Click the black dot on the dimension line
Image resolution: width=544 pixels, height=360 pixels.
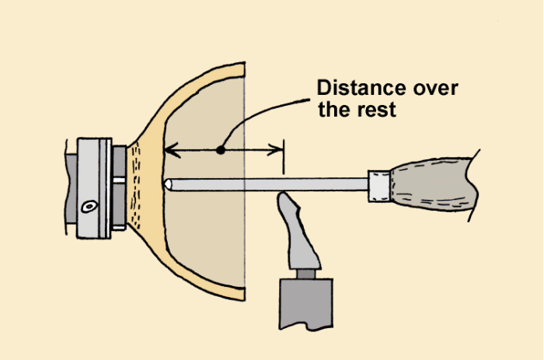coord(221,149)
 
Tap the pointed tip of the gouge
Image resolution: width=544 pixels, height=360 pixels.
coord(166,184)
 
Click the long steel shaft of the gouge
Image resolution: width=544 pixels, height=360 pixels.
coord(264,184)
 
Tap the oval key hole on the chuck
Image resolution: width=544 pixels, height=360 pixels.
coord(90,207)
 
